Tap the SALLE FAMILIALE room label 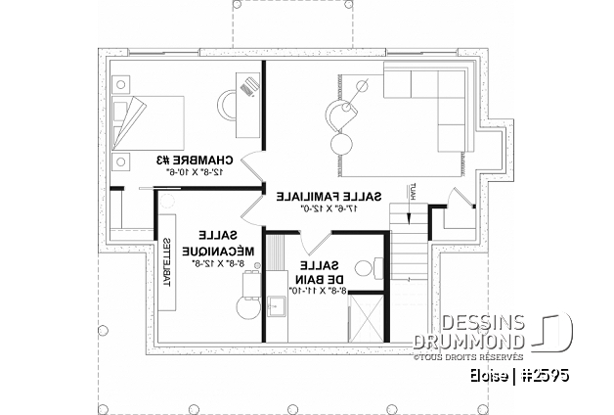pyautogui.click(x=328, y=195)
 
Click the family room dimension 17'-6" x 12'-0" pyautogui.click(x=328, y=207)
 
